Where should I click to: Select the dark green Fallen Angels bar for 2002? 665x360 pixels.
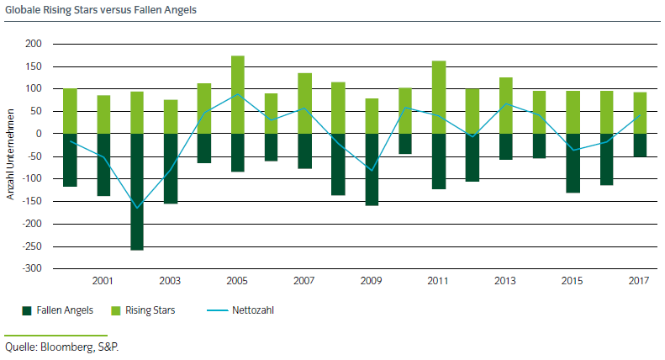tap(137, 192)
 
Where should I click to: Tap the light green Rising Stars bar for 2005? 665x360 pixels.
tap(238, 94)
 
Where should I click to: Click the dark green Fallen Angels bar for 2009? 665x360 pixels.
tap(372, 169)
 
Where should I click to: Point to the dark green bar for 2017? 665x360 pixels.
tap(640, 145)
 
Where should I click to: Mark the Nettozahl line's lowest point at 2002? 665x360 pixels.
tap(137, 208)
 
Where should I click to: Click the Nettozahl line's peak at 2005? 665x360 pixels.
tap(238, 94)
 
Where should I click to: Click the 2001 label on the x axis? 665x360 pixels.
tap(103, 280)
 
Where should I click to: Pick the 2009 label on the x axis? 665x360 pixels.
tap(372, 280)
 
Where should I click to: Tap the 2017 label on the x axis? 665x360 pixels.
tap(640, 280)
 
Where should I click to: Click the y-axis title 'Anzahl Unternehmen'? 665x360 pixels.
tap(11, 156)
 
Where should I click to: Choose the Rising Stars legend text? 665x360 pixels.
tap(152, 310)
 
